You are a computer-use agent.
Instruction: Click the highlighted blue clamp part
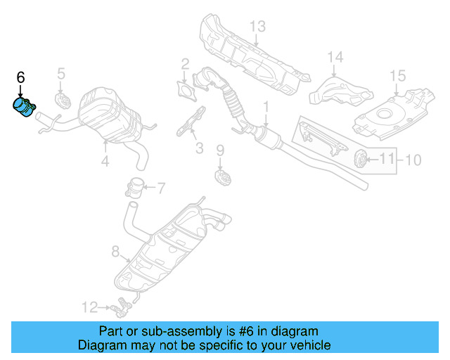pyautogui.click(x=25, y=110)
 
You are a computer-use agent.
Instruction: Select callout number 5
pyautogui.click(x=60, y=73)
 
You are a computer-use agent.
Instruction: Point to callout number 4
pyautogui.click(x=105, y=161)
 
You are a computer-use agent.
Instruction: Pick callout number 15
pyautogui.click(x=397, y=75)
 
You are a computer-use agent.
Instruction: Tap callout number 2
pyautogui.click(x=185, y=64)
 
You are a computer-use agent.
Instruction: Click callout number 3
pyautogui.click(x=199, y=148)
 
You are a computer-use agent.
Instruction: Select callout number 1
pyautogui.click(x=266, y=107)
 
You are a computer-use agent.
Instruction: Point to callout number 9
pyautogui.click(x=219, y=150)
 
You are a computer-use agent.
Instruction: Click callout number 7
pyautogui.click(x=160, y=188)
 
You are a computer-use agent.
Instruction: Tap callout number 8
pyautogui.click(x=115, y=250)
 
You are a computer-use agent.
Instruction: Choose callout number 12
pyautogui.click(x=89, y=307)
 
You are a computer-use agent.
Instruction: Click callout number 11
pyautogui.click(x=387, y=160)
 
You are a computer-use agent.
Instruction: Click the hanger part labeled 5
pyautogui.click(x=61, y=101)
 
